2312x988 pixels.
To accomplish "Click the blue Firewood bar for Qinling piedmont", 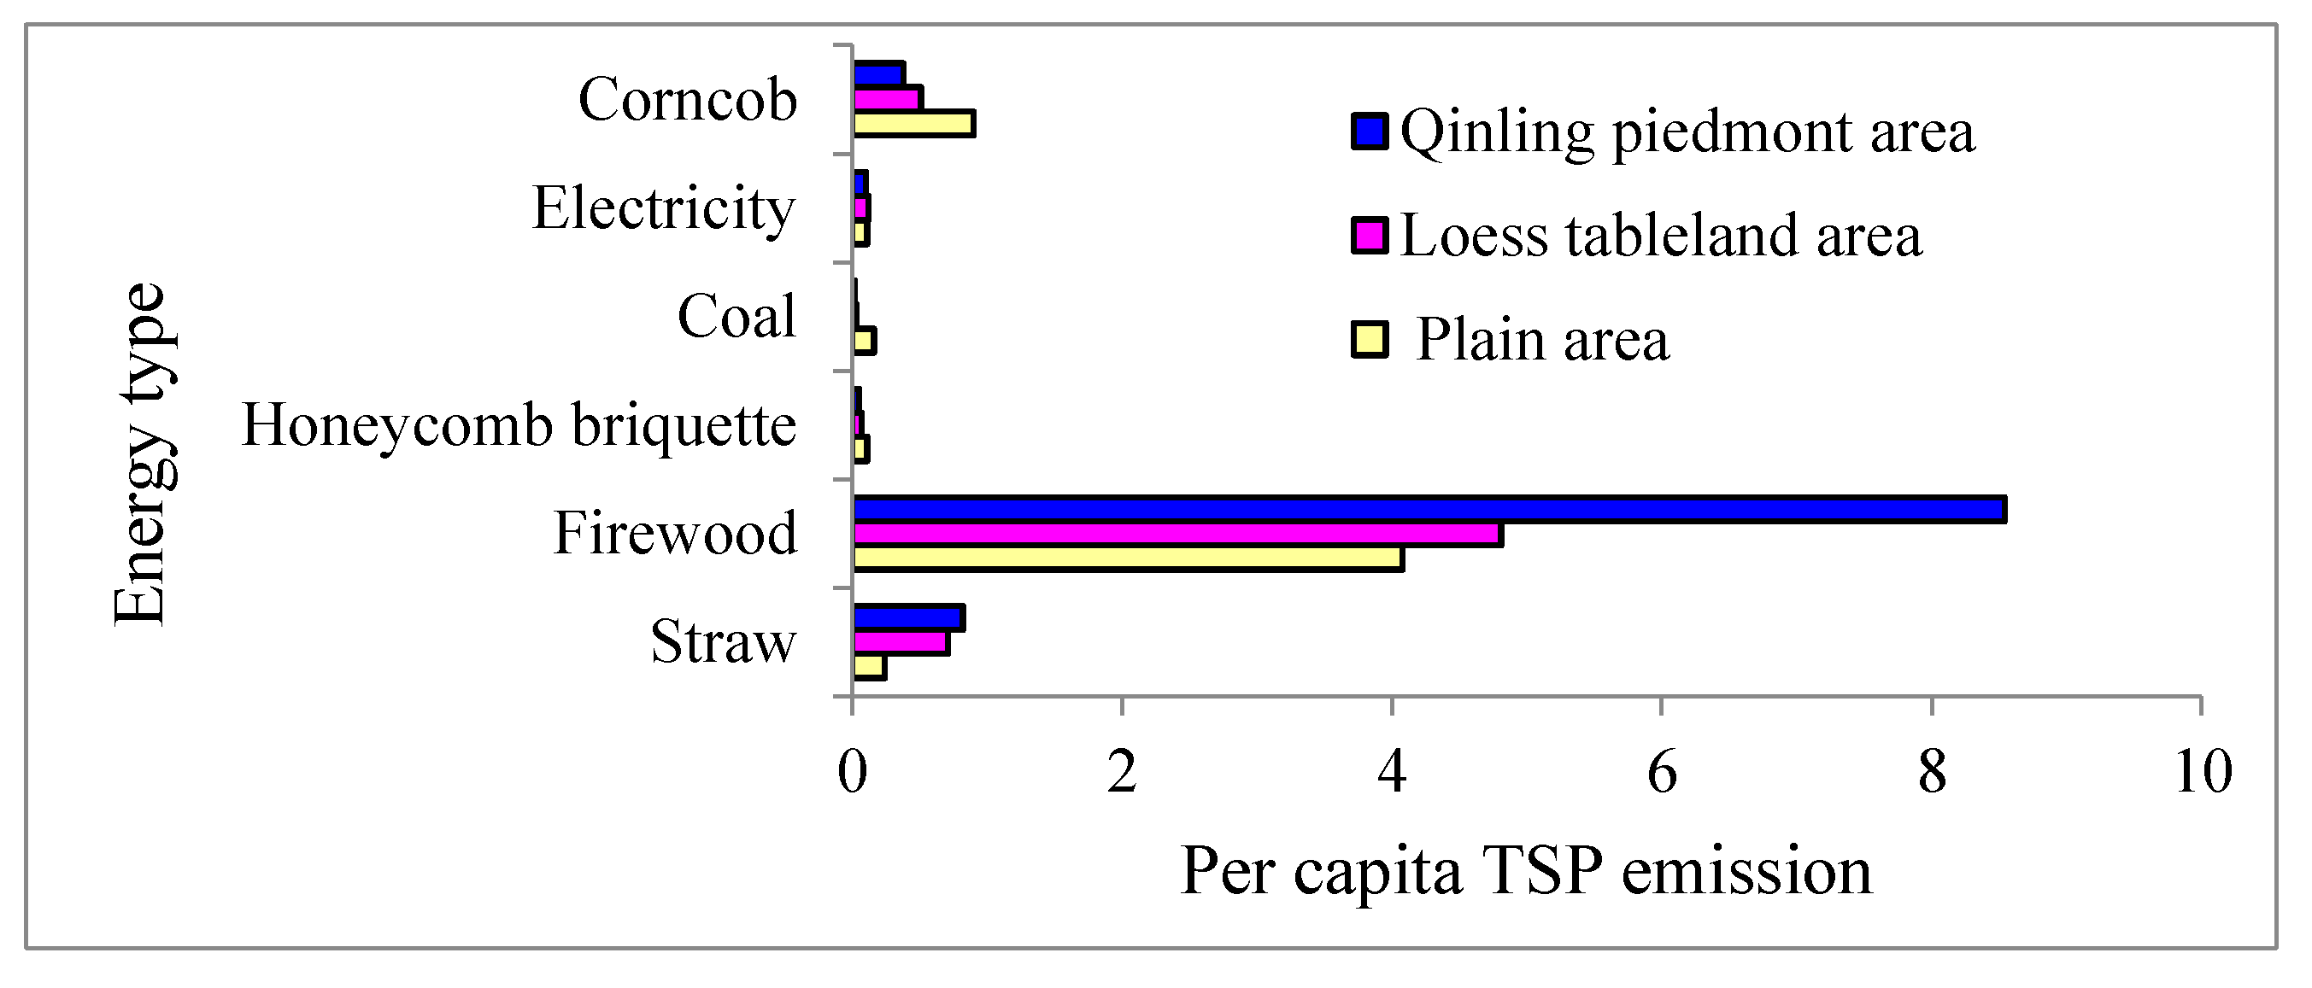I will [1427, 509].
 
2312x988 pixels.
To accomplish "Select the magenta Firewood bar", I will [1176, 534].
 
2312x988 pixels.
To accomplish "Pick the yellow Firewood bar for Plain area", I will [1126, 558].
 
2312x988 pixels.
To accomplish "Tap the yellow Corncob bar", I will [912, 123].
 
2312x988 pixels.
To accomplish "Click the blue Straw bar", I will [907, 617].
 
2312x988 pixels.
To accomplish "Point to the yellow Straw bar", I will [869, 667].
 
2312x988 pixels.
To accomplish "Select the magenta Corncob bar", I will [887, 99].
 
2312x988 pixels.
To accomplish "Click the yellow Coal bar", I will [865, 341].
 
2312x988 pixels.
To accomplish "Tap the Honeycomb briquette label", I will [519, 424].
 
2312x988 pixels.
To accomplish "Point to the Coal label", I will [736, 316].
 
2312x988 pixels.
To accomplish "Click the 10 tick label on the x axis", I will [2203, 771].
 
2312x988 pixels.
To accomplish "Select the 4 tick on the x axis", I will [1391, 771].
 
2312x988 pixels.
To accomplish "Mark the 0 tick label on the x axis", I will [852, 771].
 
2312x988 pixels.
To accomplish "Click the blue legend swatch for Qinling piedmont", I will [1370, 131].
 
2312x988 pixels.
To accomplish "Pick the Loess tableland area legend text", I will [1660, 235].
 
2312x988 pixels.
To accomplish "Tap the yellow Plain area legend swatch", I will [1370, 340].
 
